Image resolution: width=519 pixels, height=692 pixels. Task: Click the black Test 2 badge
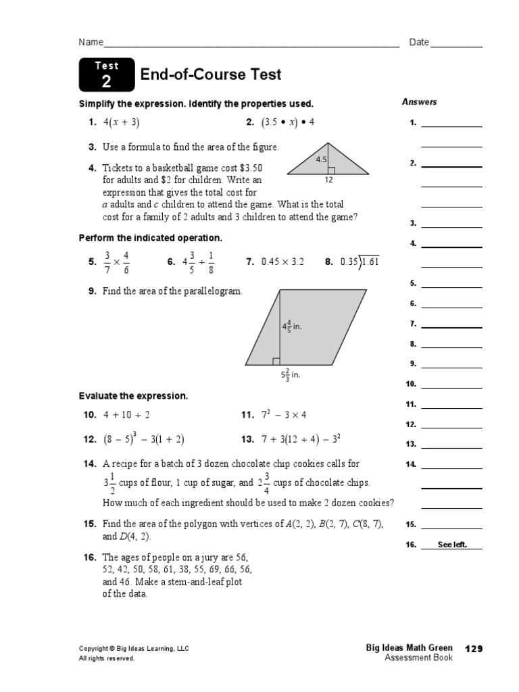click(106, 75)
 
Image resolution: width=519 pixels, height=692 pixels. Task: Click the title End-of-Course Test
click(210, 75)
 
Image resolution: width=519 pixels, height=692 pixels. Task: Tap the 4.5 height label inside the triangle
click(321, 160)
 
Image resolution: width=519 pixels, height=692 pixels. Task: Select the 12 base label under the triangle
click(328, 180)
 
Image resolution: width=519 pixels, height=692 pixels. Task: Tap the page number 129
click(474, 649)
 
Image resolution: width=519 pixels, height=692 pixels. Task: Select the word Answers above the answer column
click(419, 102)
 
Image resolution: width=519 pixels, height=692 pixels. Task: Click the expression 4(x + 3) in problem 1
click(121, 122)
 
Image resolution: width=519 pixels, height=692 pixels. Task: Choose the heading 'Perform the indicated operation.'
click(151, 238)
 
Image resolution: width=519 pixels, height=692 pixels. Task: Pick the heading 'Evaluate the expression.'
click(133, 396)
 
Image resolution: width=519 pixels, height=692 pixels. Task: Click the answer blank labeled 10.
click(451, 383)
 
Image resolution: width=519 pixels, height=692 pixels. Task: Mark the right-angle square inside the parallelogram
click(276, 362)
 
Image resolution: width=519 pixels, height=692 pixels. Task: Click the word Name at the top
click(91, 43)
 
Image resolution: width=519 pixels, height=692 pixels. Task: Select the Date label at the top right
click(419, 43)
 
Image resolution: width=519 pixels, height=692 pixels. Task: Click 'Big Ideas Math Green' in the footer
click(409, 648)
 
